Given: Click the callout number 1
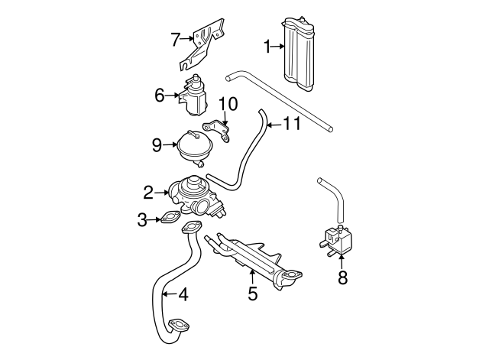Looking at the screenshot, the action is click(x=267, y=47).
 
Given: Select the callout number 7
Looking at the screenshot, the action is click(x=176, y=39).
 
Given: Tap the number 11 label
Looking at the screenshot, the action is click(x=292, y=124).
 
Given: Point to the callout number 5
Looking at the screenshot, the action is click(x=253, y=294).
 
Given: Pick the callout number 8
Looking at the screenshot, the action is click(x=342, y=277).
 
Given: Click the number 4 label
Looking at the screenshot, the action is click(x=184, y=294).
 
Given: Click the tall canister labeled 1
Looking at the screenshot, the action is click(x=299, y=54).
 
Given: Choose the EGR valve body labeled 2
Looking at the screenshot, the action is click(x=196, y=196).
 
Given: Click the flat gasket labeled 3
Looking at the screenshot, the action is click(x=170, y=218).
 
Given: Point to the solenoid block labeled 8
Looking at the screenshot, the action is click(x=336, y=239).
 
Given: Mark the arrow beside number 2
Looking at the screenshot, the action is click(x=161, y=193).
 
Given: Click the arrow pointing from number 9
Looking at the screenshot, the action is click(x=170, y=144).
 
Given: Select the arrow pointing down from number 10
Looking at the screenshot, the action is click(x=225, y=118).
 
